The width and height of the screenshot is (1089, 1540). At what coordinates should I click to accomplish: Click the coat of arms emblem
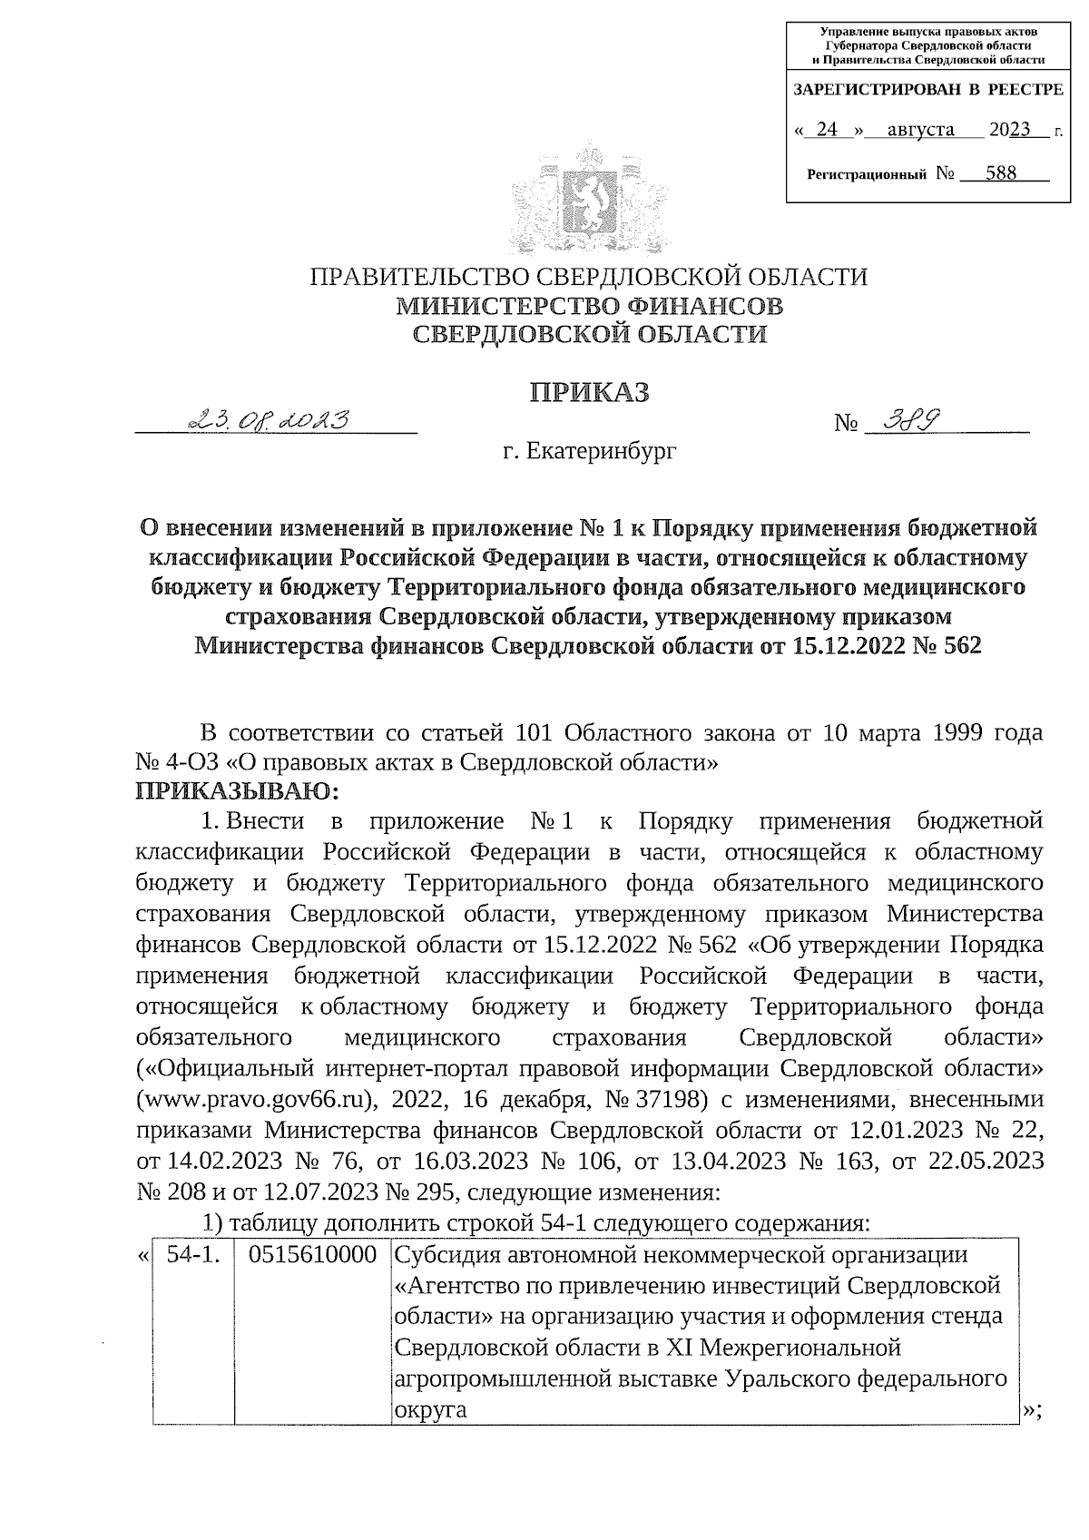591,198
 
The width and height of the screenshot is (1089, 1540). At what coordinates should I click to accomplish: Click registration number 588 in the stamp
1000,172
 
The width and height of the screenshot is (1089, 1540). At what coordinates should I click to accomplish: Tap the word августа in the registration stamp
920,129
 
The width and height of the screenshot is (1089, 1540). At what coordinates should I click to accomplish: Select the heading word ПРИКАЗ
591,392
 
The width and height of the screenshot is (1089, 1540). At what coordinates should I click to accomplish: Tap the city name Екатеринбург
602,450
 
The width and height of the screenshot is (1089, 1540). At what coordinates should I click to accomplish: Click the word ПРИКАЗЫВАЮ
237,791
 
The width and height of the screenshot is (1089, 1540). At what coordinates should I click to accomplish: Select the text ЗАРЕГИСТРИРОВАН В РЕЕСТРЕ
927,90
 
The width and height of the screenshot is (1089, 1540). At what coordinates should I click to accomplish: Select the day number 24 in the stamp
826,129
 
